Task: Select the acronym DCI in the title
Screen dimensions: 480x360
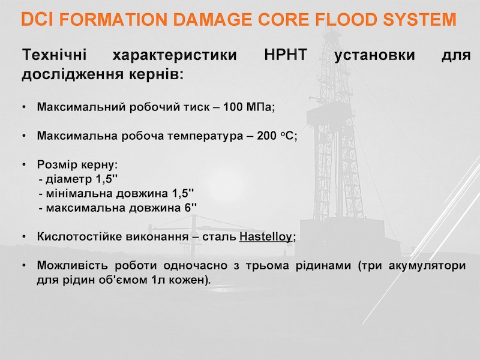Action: (x=38, y=19)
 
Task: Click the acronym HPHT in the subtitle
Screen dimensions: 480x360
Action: (x=286, y=55)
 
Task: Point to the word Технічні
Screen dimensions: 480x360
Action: (x=55, y=55)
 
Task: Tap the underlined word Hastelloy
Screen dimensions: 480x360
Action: (x=266, y=236)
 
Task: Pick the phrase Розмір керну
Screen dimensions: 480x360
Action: (x=76, y=164)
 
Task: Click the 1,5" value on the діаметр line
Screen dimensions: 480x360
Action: (x=107, y=179)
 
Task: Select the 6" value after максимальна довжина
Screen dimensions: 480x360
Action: (x=190, y=208)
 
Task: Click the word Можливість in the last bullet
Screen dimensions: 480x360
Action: (x=72, y=265)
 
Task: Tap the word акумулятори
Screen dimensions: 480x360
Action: (x=427, y=265)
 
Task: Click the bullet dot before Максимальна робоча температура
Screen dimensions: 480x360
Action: (x=24, y=136)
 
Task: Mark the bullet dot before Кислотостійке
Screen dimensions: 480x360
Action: (x=24, y=237)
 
